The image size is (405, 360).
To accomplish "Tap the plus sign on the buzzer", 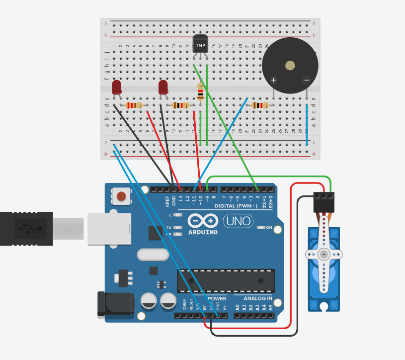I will [x=273, y=80].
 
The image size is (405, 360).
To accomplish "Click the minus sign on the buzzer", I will [x=307, y=80].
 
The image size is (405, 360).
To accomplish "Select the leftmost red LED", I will [x=117, y=88].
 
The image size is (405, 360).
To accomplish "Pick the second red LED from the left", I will [x=163, y=88].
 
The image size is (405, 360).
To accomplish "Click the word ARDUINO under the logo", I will [x=203, y=232].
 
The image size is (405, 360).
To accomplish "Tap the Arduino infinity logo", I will [x=203, y=220].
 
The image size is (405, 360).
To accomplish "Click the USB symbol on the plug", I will [x=26, y=228].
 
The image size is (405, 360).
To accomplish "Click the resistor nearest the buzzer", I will [x=260, y=105].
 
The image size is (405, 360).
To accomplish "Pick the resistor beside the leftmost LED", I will [x=134, y=105].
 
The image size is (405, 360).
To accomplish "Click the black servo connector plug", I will [x=324, y=198].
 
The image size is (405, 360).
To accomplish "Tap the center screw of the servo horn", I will [x=324, y=255].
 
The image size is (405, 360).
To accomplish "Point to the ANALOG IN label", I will [x=257, y=298].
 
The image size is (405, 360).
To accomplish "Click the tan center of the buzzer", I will [x=290, y=65].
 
